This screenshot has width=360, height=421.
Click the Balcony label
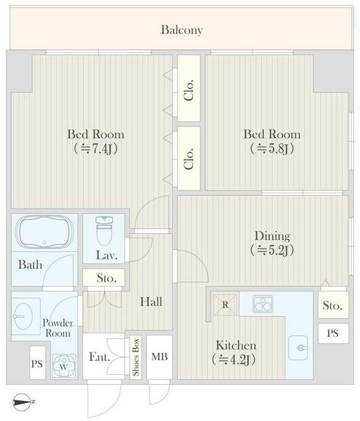point(182,30)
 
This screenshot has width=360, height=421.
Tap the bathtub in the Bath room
point(44,231)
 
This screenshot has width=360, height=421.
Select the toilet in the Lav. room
point(104,231)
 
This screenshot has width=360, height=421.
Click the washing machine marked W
point(64,366)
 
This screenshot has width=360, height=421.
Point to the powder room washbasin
point(24,316)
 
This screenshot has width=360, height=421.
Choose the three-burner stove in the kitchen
point(262,304)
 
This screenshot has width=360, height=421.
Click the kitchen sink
point(299,347)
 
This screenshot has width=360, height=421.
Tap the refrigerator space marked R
point(225,305)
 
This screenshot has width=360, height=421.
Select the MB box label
point(160,357)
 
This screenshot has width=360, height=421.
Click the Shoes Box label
point(136,357)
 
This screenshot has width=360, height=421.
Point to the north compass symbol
point(23,402)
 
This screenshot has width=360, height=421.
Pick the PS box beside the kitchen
point(333,333)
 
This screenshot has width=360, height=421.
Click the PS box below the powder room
point(37,363)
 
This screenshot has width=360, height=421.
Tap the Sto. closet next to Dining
point(333,305)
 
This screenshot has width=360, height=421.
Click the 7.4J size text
point(96,148)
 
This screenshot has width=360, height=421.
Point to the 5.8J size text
point(272,148)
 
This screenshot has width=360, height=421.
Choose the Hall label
point(151,302)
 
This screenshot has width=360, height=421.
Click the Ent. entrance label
point(100,357)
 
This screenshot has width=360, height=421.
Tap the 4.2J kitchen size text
point(233,360)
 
